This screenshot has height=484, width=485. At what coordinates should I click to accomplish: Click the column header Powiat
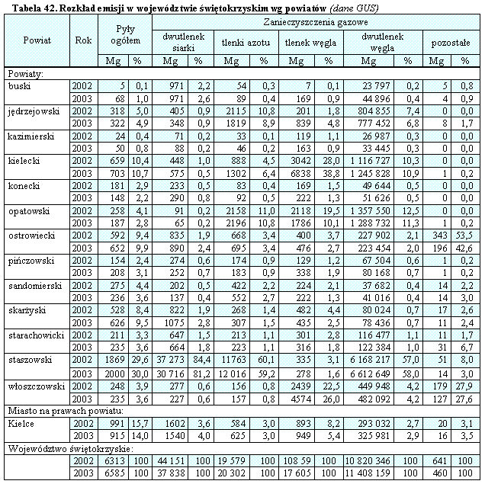37,40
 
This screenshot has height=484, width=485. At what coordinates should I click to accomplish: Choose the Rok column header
84,40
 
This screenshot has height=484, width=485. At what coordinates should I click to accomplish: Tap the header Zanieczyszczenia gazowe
314,24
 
